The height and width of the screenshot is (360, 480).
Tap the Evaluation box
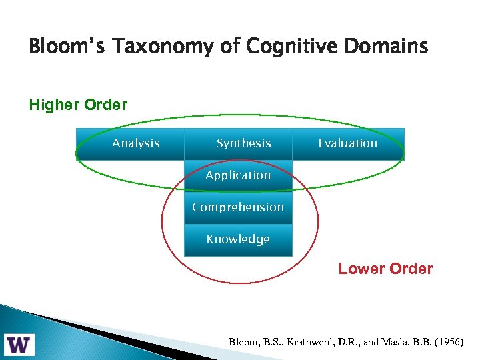click(x=347, y=143)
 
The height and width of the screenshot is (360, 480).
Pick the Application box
click(x=238, y=175)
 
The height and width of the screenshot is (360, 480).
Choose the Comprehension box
click(x=238, y=207)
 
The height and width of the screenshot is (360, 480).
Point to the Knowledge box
click(x=238, y=239)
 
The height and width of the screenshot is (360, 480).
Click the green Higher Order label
click(x=78, y=105)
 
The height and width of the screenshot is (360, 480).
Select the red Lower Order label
click(x=385, y=269)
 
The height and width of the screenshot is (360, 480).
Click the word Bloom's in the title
click(x=61, y=47)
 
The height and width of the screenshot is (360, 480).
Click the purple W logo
click(x=21, y=345)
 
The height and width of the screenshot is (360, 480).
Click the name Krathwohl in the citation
click(x=307, y=342)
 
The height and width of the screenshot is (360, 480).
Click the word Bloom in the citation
click(x=244, y=342)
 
